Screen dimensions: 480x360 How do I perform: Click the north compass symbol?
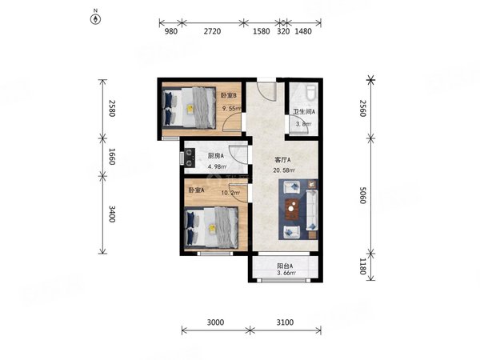(x=95, y=19)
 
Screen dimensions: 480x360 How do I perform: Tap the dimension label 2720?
(x=212, y=31)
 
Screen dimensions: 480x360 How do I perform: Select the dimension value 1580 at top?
(x=261, y=31)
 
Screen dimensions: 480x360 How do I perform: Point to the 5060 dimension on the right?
(x=362, y=195)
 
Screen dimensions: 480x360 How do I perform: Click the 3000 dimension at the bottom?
(x=215, y=322)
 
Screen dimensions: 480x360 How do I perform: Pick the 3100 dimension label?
(x=285, y=322)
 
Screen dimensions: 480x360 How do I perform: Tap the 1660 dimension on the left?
(x=112, y=157)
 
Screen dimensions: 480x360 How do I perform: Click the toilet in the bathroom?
(x=310, y=93)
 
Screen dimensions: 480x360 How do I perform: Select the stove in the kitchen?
(x=189, y=158)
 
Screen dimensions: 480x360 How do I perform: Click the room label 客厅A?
(x=282, y=160)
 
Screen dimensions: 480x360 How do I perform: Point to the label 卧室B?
(x=229, y=95)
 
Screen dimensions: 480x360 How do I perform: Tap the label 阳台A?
(x=285, y=266)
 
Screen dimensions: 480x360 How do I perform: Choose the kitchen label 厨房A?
(x=216, y=156)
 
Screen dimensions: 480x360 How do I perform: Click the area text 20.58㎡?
(x=284, y=170)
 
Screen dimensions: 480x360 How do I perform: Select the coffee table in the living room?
(x=292, y=209)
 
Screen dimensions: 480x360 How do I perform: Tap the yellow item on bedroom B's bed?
(x=190, y=108)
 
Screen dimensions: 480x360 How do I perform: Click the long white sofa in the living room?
(x=312, y=210)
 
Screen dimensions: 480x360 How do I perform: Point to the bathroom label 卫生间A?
(x=304, y=112)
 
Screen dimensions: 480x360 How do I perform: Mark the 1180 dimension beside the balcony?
(x=362, y=266)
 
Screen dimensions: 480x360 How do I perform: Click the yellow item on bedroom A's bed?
(x=212, y=229)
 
